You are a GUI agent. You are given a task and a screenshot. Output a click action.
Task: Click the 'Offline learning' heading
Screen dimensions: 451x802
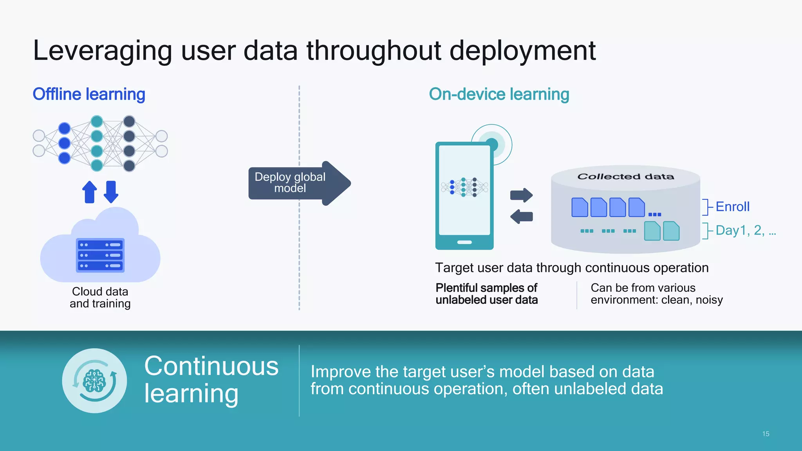click(x=89, y=94)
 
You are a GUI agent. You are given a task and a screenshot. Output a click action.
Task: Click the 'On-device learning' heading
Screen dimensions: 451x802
click(x=499, y=94)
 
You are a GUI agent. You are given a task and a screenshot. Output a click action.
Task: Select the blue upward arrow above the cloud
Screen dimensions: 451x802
click(x=90, y=192)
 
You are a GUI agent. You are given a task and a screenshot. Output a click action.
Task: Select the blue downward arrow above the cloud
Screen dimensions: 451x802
click(x=111, y=192)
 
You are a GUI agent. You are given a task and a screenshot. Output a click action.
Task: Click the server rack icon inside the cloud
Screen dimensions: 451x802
click(x=100, y=255)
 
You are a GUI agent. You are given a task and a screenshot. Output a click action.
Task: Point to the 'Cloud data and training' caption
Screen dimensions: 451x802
click(x=100, y=298)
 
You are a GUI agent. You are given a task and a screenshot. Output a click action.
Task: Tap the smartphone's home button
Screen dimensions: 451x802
click(x=464, y=242)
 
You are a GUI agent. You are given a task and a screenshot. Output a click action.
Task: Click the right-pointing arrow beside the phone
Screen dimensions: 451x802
click(x=521, y=195)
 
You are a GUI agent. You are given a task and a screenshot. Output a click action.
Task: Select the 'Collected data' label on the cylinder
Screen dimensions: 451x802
click(x=625, y=177)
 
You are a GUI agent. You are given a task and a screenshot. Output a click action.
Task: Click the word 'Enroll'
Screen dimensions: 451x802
click(x=732, y=207)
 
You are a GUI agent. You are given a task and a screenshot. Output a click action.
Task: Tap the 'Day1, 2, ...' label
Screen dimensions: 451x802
click(x=745, y=230)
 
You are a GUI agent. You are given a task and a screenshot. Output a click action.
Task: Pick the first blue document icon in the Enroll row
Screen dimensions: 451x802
click(x=580, y=207)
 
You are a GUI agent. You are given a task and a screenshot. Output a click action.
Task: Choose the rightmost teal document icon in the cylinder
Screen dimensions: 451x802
click(x=671, y=231)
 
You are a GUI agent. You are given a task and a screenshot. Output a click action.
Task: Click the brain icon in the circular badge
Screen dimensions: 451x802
click(x=94, y=381)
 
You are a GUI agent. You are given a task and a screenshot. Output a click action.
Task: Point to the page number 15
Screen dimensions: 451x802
click(x=766, y=434)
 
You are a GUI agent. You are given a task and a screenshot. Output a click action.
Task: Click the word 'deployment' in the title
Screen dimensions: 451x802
click(x=522, y=51)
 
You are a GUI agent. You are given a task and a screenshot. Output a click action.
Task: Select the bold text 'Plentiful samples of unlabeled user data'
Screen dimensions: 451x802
click(x=486, y=294)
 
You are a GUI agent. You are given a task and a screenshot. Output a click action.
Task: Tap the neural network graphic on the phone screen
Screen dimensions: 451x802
click(x=464, y=187)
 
